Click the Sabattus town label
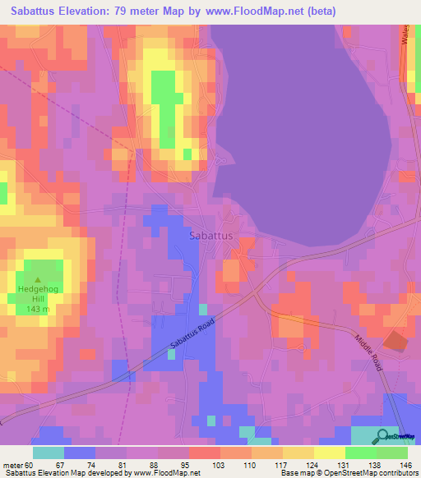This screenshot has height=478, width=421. [x=211, y=235]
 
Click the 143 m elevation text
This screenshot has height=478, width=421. [x=34, y=310]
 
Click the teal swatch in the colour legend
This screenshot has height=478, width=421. [x=49, y=453]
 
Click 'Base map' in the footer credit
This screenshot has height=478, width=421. [x=295, y=473]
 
